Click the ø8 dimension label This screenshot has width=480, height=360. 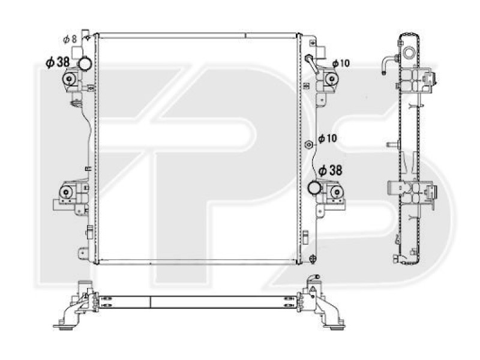(70, 39)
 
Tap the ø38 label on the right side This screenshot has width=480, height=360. (330, 171)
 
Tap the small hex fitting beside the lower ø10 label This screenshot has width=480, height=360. (308, 144)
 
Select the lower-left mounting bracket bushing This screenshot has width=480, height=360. (64, 193)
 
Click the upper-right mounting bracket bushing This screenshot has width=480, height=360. (331, 79)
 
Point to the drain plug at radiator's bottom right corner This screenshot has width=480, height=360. (312, 258)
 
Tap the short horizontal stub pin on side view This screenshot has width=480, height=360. (393, 145)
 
